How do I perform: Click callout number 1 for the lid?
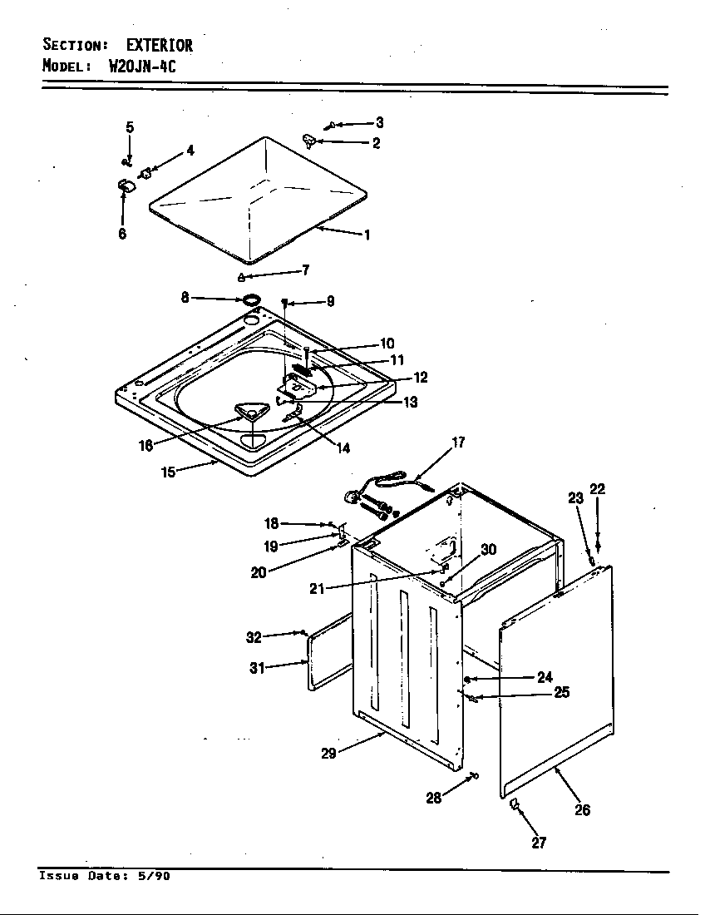pos(367,235)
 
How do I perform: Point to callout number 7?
pos(305,270)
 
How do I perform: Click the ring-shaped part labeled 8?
pos(250,299)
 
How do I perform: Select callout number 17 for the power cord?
pos(458,443)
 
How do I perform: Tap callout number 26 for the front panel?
pos(582,809)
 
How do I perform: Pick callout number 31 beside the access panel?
pos(257,667)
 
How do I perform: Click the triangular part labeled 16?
pos(248,410)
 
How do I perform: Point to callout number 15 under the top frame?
pos(169,472)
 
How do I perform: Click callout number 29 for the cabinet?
pos(330,754)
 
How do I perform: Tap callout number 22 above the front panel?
pos(597,489)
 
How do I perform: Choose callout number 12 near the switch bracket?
pos(420,378)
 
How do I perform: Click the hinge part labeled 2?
pos(311,139)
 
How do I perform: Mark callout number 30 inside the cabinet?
pos(489,549)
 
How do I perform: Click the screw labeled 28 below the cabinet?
pos(475,775)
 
